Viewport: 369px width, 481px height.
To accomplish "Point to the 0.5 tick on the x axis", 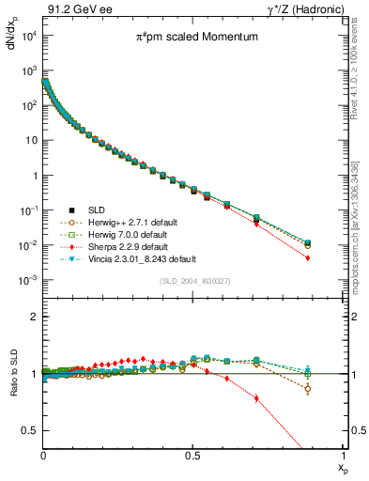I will tap(192, 455).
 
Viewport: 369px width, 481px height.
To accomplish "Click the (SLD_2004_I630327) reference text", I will tap(192, 281).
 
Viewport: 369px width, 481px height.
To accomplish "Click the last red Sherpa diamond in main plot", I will tap(334, 258).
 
